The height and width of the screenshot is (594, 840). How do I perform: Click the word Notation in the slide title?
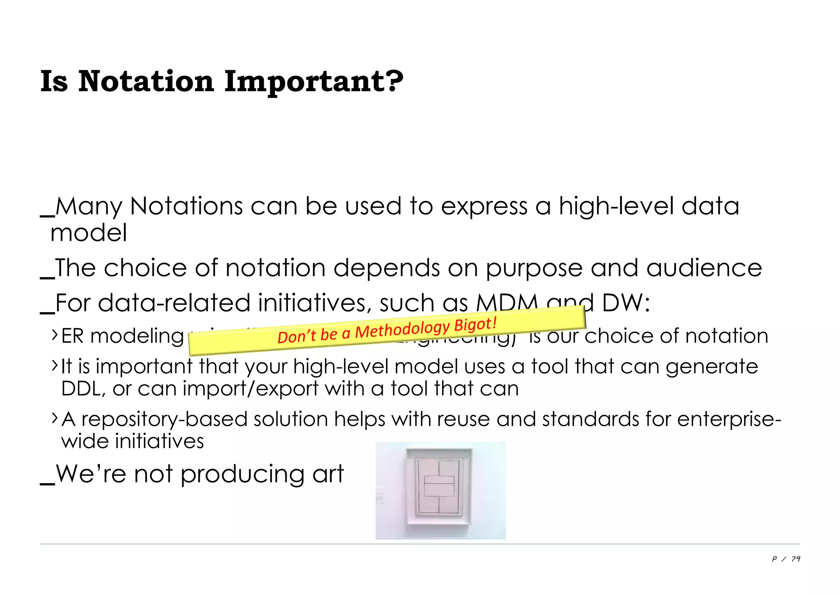(146, 81)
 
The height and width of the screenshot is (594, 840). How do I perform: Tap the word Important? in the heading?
(314, 82)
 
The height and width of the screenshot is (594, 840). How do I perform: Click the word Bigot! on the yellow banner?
(476, 325)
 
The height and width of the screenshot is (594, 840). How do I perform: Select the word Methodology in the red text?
(402, 329)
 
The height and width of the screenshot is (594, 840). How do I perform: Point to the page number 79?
(796, 559)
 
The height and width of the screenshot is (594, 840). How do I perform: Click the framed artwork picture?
(440, 491)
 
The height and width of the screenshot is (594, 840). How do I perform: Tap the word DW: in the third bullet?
(626, 303)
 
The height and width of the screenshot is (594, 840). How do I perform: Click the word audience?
(704, 268)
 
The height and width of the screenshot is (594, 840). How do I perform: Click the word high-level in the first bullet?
(616, 206)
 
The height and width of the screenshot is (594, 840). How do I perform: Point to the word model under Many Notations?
(89, 233)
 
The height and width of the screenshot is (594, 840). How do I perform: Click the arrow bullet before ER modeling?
(55, 335)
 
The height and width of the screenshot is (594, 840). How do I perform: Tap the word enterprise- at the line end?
(729, 419)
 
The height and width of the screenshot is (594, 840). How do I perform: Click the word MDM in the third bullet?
(507, 303)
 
